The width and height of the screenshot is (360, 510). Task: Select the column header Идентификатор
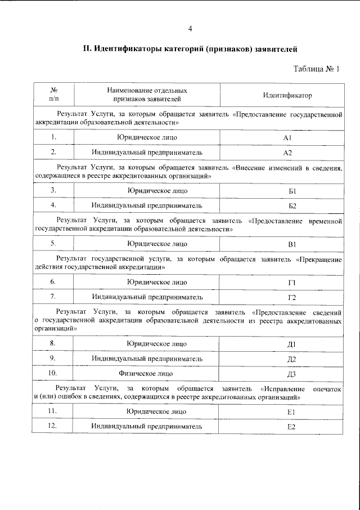click(x=287, y=95)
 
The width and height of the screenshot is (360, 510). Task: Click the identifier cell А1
click(x=287, y=138)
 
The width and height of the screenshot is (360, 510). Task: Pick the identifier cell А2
click(x=287, y=153)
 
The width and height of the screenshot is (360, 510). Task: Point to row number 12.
click(x=53, y=426)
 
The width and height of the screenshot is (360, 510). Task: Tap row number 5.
click(x=53, y=244)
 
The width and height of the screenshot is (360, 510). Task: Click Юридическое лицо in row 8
click(x=148, y=343)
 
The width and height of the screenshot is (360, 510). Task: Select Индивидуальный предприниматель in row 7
click(x=147, y=297)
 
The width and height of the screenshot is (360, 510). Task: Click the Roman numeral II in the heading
click(x=87, y=49)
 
